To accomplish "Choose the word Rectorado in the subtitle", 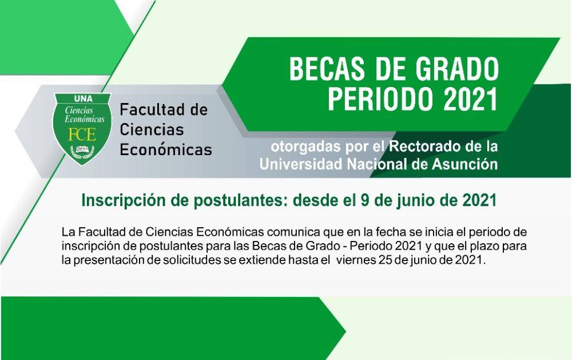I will (423, 147).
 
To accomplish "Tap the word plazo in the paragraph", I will (491, 247).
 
